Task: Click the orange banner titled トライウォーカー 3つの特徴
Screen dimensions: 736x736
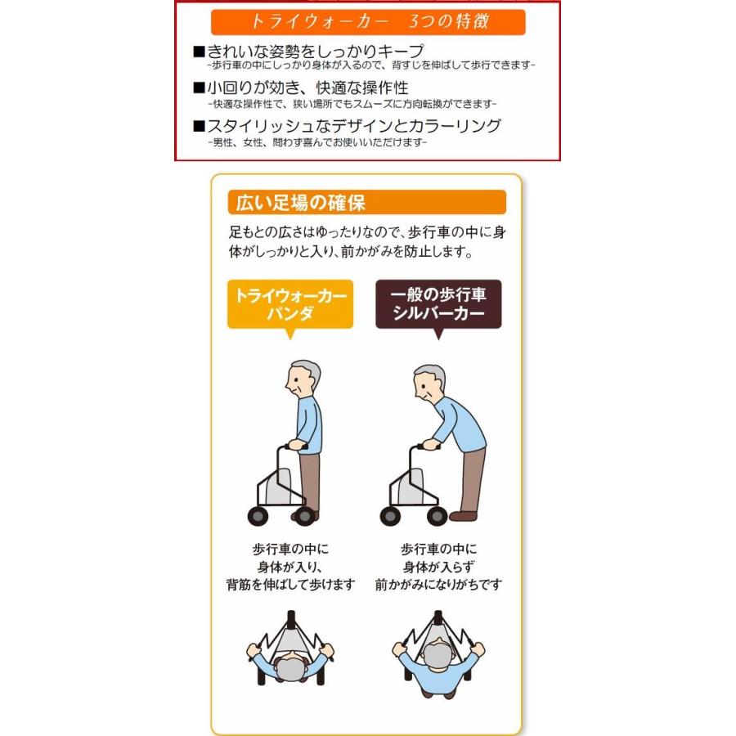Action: (367, 21)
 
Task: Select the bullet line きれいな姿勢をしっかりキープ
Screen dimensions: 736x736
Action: (315, 52)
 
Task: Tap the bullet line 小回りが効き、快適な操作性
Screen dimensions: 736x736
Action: (306, 88)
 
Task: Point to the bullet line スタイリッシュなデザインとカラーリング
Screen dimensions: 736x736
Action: (352, 126)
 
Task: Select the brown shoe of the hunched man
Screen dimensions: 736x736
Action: (463, 516)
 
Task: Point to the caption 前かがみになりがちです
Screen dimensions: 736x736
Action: (438, 585)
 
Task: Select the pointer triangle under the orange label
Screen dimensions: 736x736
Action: (289, 334)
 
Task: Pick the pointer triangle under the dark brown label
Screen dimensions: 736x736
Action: (438, 334)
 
